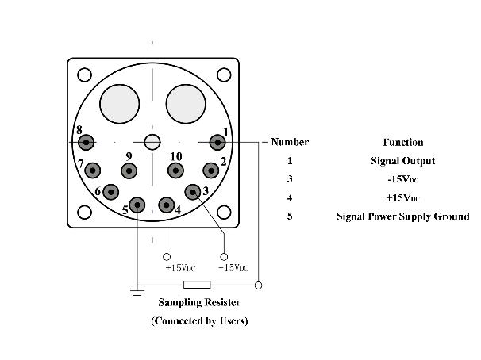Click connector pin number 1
(217, 143)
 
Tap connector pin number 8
(86, 143)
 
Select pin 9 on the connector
(128, 170)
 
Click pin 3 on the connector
(193, 191)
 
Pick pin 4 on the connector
(166, 205)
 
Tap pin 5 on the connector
(137, 205)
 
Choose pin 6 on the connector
(111, 191)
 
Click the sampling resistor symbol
(197, 285)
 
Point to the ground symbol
(137, 292)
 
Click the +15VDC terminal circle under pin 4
(166, 256)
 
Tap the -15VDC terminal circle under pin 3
(224, 256)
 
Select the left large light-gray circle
(118, 104)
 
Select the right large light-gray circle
(185, 104)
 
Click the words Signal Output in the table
(403, 161)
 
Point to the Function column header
(403, 143)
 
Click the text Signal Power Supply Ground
(403, 216)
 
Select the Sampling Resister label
(199, 302)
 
